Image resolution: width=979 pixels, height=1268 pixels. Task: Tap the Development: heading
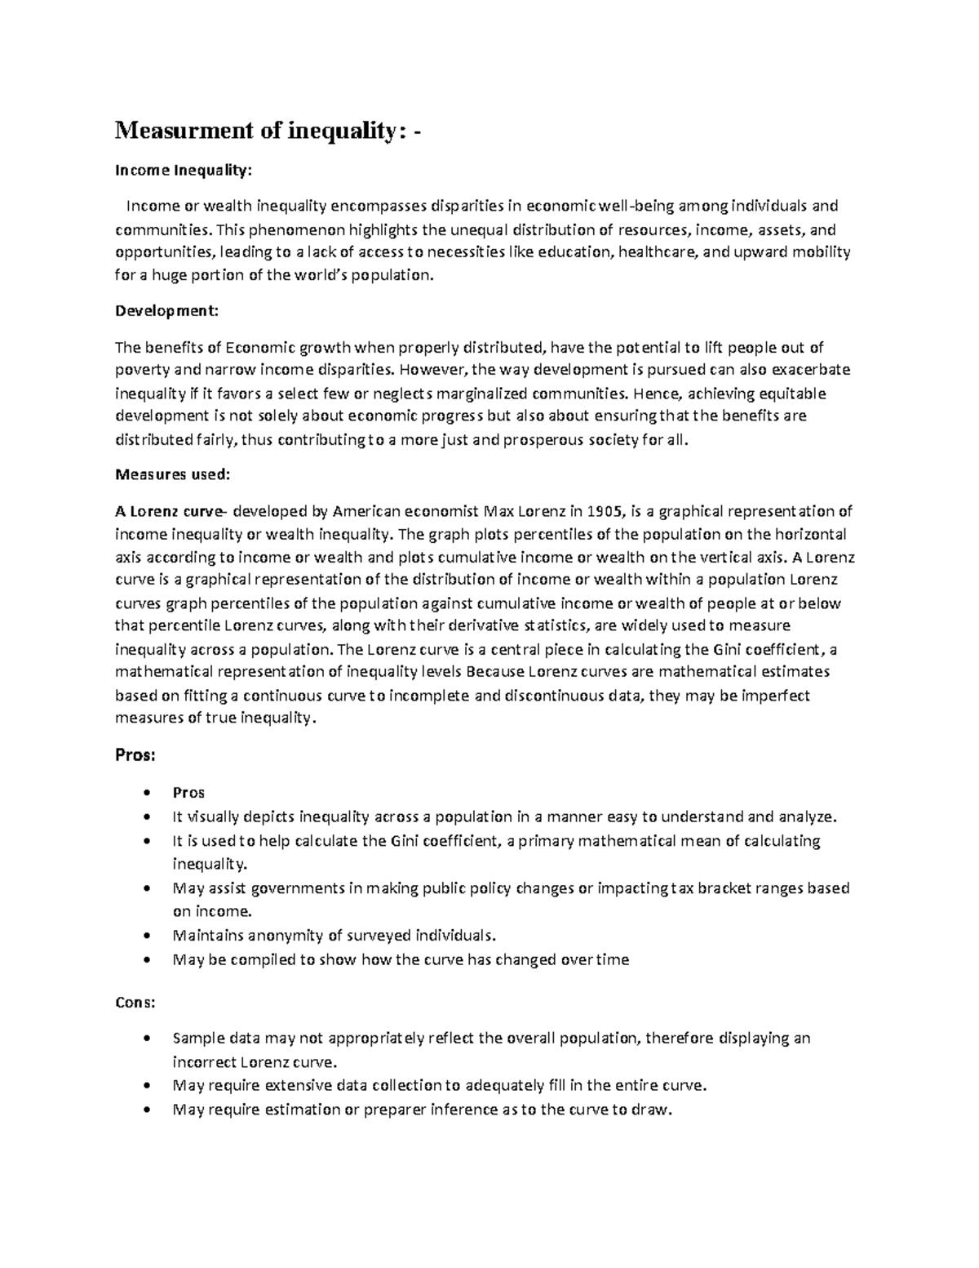point(166,311)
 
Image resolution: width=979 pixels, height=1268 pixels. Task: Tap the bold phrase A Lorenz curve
point(169,512)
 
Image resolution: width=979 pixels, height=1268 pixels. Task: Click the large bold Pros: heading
point(135,755)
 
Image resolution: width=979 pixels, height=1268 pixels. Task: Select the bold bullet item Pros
point(188,793)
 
